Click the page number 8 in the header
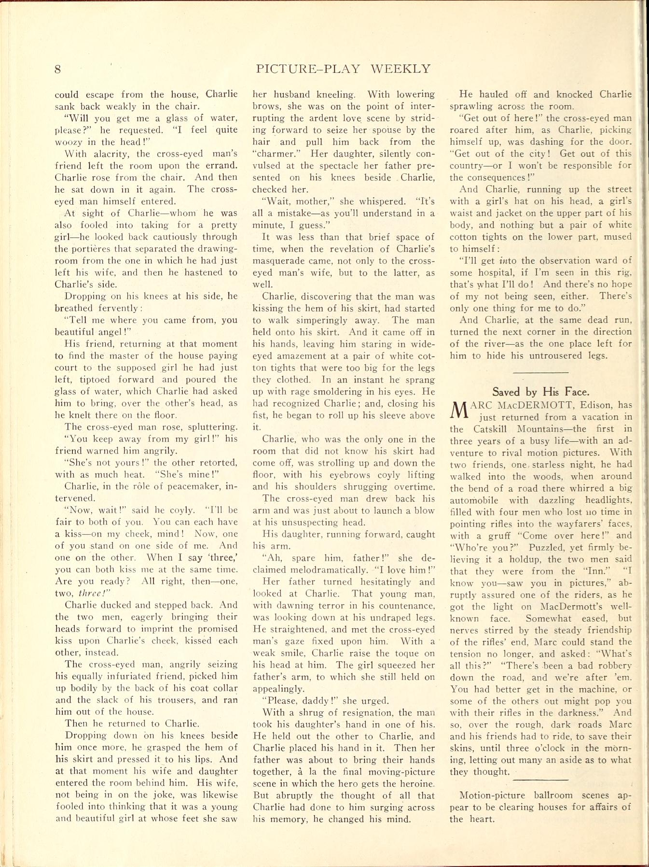[57, 69]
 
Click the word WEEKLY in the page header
[400, 69]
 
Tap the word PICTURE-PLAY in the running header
[308, 69]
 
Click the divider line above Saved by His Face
[540, 372]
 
